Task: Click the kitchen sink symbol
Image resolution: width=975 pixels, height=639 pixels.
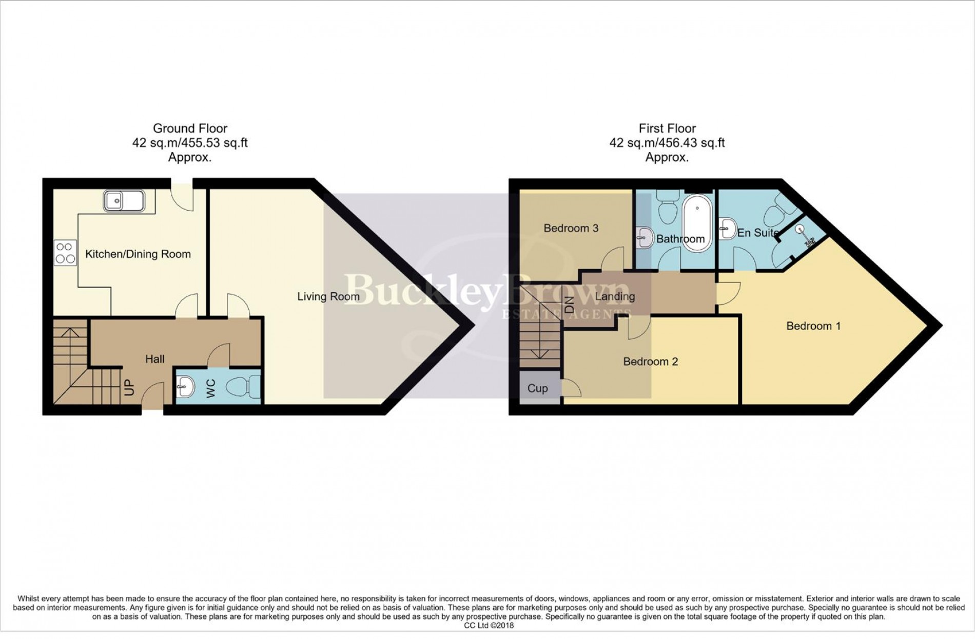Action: (124, 201)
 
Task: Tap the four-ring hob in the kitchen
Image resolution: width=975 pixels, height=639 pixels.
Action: (65, 253)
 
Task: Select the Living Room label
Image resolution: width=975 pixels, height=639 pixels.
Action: (328, 296)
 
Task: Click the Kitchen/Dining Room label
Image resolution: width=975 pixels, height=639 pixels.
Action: (138, 254)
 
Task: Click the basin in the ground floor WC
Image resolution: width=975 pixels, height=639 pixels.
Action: (185, 386)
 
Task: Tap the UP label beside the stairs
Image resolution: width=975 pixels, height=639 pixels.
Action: (129, 387)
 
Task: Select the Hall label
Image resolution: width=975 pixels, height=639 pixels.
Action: (154, 359)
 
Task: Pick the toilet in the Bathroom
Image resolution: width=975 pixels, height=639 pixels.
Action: (667, 211)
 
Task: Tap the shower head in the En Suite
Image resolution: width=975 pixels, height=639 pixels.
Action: (801, 230)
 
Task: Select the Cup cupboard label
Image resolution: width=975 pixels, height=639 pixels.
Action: (537, 388)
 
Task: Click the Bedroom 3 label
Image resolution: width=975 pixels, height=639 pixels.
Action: (571, 228)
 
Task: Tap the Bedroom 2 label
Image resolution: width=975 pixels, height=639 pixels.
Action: (650, 362)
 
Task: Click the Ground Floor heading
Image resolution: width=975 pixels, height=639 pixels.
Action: (190, 128)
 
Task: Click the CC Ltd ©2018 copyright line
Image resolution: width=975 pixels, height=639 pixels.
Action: (488, 625)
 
